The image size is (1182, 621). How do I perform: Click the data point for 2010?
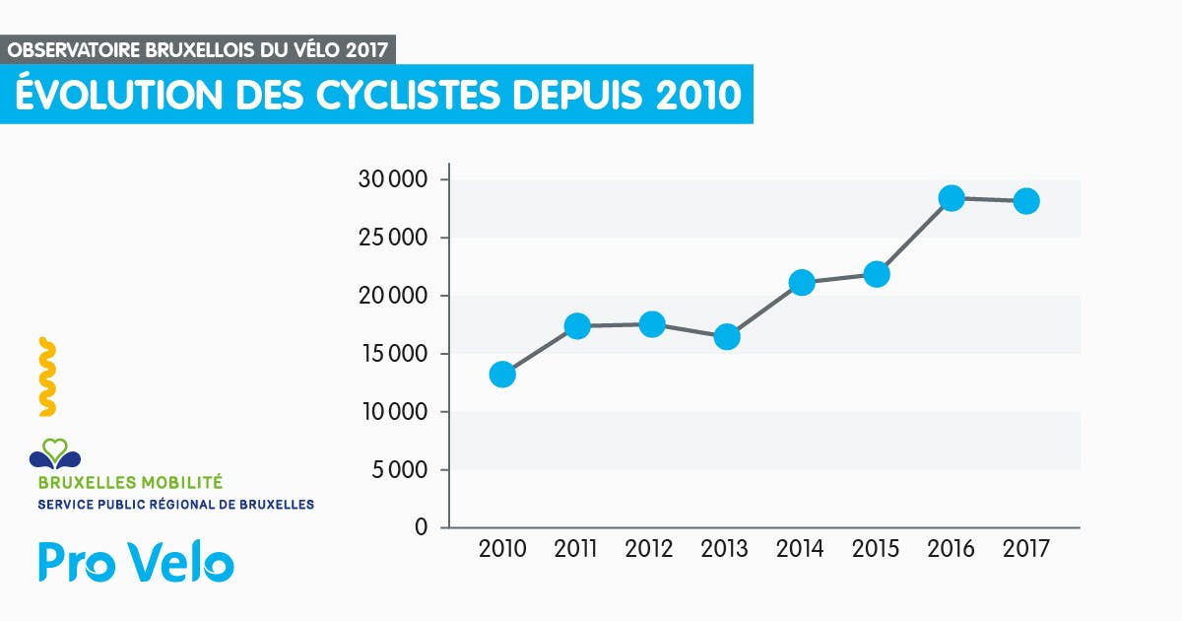point(502,375)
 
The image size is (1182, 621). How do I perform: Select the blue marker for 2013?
point(727,337)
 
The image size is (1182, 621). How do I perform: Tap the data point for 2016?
point(952,198)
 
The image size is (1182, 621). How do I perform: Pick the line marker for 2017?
point(1026,201)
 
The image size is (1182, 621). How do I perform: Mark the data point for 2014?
point(802,283)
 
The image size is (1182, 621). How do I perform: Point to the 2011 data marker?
point(577,326)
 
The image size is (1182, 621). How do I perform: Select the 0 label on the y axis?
point(423,528)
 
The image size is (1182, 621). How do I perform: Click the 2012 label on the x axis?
point(649,550)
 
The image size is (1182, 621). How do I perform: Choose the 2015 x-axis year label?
point(876,550)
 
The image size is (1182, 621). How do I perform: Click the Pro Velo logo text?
point(136,563)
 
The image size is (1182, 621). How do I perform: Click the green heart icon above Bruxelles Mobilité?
point(55,451)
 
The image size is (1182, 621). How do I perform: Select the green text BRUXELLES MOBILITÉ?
point(130,483)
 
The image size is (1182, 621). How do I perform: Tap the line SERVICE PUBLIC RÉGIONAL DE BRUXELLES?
point(175,505)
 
